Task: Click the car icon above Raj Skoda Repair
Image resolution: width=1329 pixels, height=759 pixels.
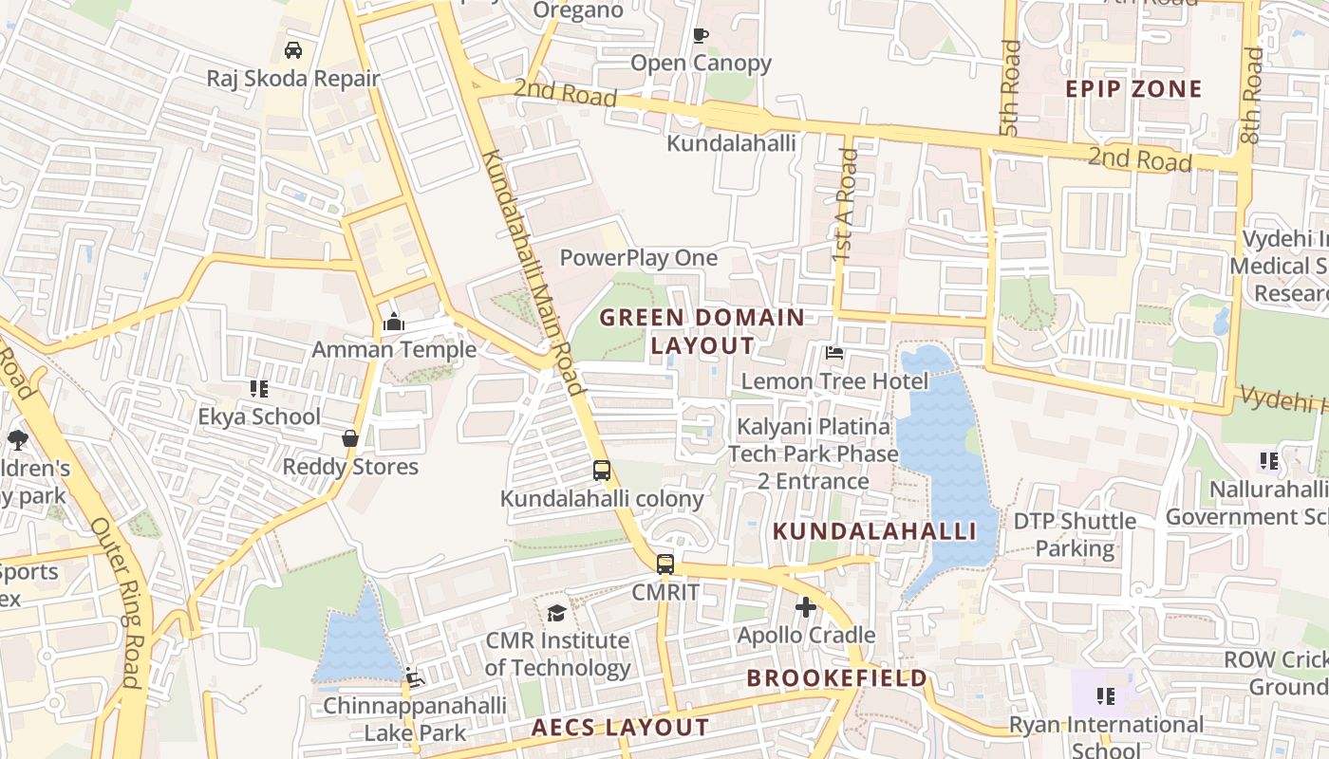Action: (x=293, y=49)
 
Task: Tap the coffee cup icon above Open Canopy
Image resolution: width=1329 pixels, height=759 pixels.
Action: (x=701, y=36)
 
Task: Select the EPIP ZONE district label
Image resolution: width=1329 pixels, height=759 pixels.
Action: (x=1133, y=89)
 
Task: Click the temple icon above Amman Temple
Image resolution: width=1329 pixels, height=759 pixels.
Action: (x=394, y=323)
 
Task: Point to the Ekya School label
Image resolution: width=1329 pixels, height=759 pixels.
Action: (x=259, y=417)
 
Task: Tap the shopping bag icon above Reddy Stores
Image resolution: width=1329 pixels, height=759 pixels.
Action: (x=350, y=438)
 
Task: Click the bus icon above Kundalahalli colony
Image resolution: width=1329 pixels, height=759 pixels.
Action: (x=602, y=470)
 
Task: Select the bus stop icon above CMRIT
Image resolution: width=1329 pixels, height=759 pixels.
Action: (x=665, y=564)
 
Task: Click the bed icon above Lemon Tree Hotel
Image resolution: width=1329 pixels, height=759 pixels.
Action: (x=834, y=353)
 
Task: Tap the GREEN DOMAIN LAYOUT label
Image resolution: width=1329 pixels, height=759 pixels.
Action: (x=702, y=331)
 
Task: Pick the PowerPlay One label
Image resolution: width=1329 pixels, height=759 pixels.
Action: (x=638, y=258)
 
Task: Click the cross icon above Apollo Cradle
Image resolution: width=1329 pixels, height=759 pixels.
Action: (x=806, y=607)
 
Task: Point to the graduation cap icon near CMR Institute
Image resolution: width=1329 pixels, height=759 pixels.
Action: (x=557, y=613)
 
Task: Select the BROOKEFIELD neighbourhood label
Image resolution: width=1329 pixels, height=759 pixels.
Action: (x=836, y=678)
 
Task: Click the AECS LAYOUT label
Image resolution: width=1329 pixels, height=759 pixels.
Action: (x=619, y=728)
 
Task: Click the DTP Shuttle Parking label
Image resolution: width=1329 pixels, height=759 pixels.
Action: (x=1075, y=534)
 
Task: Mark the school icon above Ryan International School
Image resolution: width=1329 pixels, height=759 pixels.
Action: (x=1106, y=696)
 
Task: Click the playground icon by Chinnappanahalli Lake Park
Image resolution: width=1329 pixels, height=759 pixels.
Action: (x=414, y=676)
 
